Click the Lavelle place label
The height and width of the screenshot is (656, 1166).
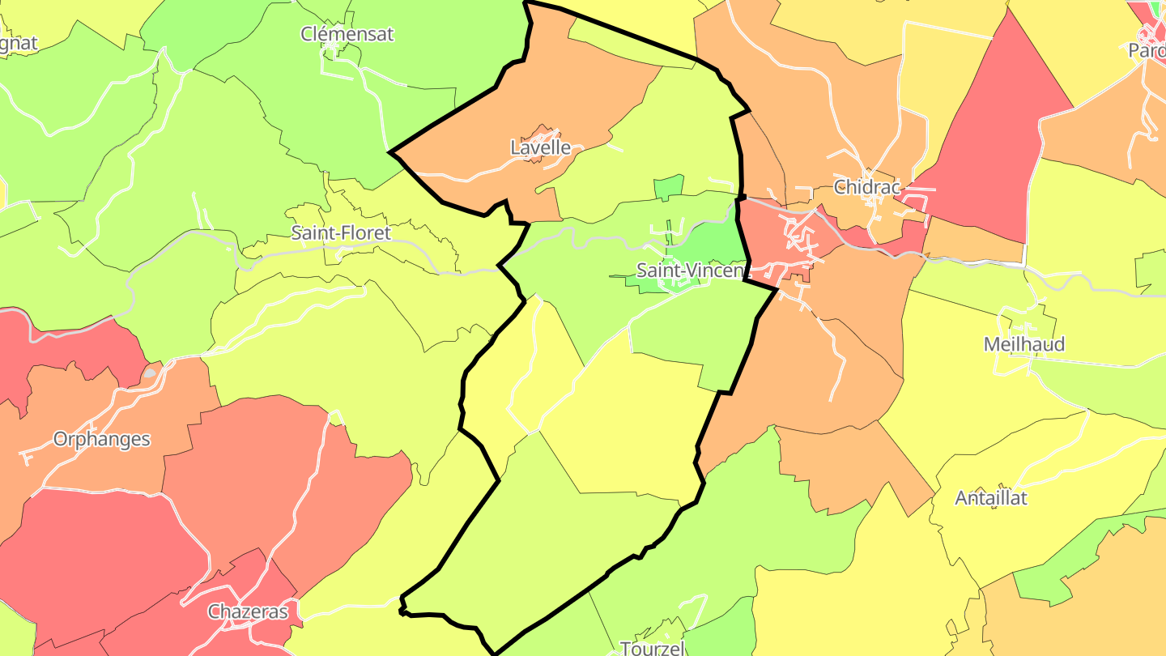[540, 148]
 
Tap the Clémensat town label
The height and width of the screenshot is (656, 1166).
[347, 34]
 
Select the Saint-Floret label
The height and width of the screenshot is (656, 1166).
[341, 233]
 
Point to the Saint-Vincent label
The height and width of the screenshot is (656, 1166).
[689, 270]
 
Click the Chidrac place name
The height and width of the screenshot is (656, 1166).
[866, 187]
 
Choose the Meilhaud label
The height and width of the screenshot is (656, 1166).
[1023, 344]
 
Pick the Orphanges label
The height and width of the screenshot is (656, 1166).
[101, 439]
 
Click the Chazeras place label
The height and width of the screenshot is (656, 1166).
[248, 611]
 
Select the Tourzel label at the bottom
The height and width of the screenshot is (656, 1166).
[653, 648]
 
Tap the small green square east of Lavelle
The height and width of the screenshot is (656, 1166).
[668, 187]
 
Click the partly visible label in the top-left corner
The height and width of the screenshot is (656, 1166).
[18, 44]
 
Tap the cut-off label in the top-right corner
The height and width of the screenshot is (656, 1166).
[1147, 50]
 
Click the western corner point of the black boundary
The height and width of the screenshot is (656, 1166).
[391, 151]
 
